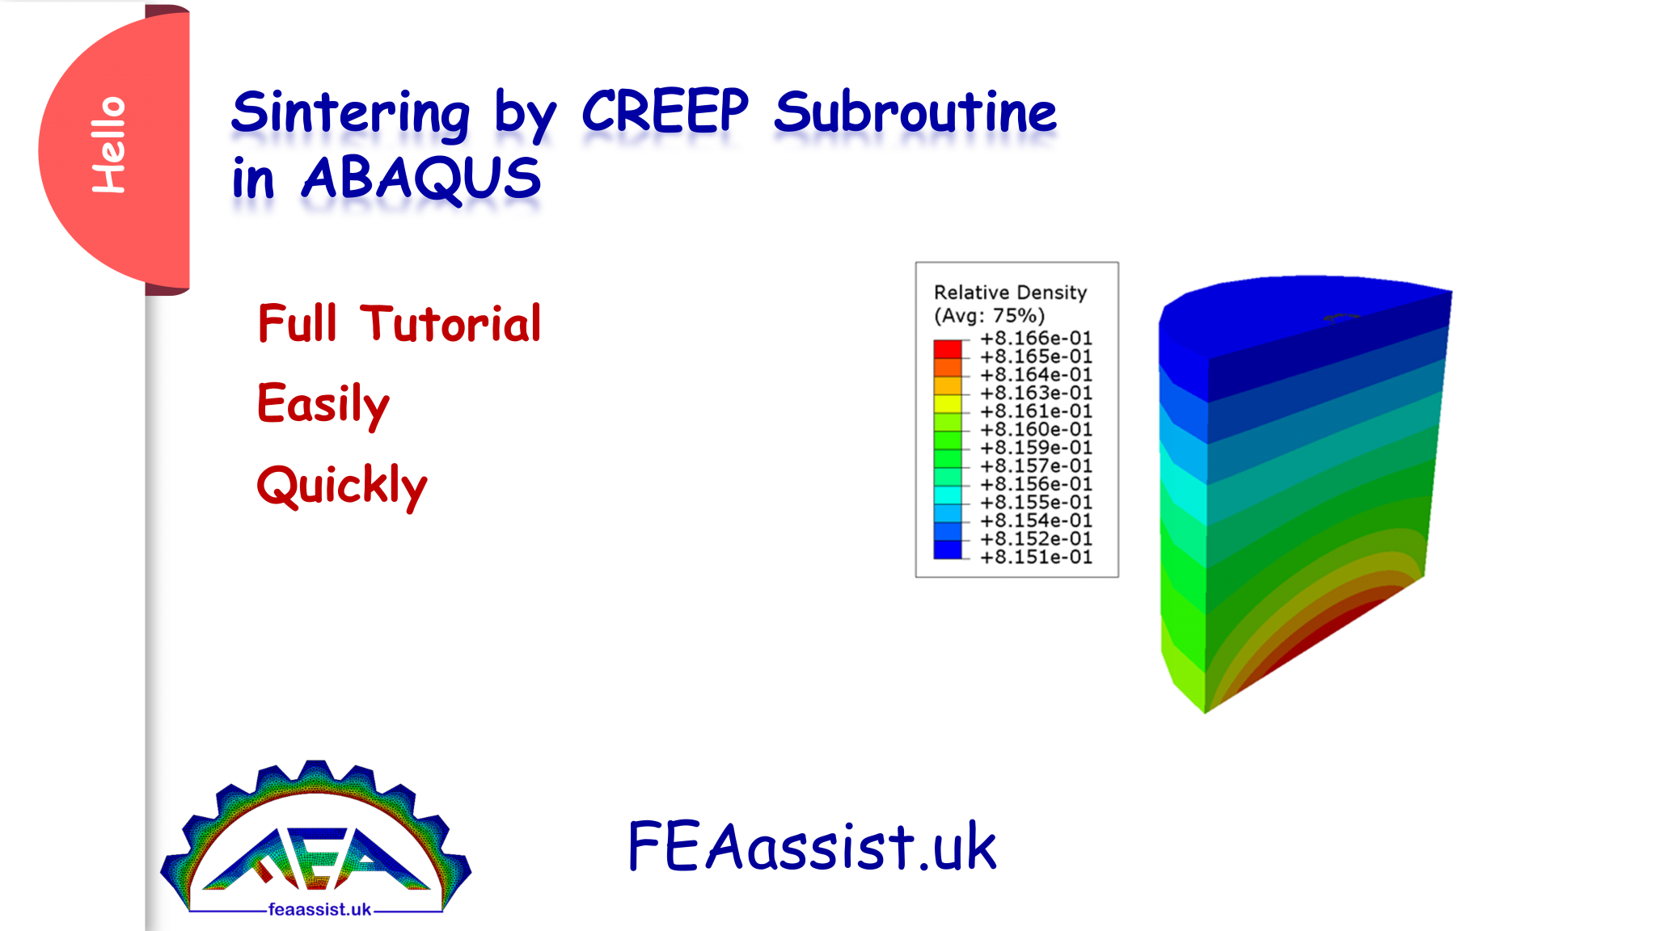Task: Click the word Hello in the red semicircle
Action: [108, 145]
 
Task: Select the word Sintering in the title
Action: [350, 113]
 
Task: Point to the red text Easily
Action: [323, 404]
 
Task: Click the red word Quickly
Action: [341, 486]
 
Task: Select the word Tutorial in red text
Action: [450, 324]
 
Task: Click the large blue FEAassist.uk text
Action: [811, 846]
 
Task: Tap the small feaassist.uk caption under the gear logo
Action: [319, 909]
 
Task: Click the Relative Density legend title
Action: [1010, 293]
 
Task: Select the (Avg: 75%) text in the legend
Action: [989, 315]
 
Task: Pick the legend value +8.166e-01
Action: [1036, 338]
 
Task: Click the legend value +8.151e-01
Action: [1036, 557]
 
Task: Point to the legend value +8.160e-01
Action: [1036, 429]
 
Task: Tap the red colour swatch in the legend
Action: [948, 349]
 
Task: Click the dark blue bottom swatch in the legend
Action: [948, 550]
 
